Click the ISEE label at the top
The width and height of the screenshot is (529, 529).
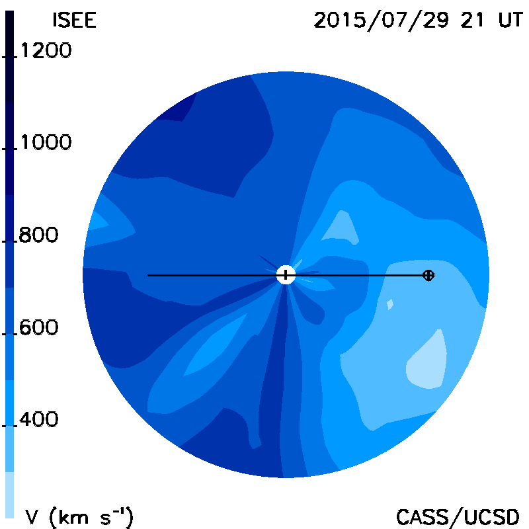[x=75, y=20]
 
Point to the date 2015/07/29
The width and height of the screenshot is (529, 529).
[x=382, y=20]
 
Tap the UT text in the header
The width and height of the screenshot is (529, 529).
[x=510, y=20]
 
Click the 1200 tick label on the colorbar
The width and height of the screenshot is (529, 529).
[x=46, y=50]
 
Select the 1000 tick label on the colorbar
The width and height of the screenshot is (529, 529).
[x=46, y=142]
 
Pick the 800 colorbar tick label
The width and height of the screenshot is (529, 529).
[x=38, y=235]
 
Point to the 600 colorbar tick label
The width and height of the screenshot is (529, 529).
[x=38, y=327]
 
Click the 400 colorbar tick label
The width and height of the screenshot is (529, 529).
[x=38, y=419]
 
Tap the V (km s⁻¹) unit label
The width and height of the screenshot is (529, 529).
[x=79, y=516]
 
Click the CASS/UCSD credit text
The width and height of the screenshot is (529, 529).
[x=458, y=517]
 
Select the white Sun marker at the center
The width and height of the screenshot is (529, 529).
[x=286, y=275]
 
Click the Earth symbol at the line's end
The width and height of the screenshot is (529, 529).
[x=428, y=275]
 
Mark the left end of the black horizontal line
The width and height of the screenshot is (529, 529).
[x=147, y=275]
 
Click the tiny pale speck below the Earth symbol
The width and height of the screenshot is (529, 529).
[x=389, y=304]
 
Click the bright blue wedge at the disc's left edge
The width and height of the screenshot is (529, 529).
[x=98, y=222]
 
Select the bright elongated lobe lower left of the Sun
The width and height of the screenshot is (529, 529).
[x=216, y=344]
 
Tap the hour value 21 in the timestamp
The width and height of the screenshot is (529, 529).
[x=472, y=20]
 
